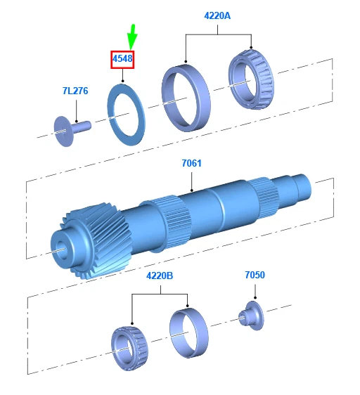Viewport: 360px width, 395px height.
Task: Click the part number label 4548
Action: click(x=122, y=59)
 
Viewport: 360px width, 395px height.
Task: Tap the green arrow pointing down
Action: click(x=132, y=37)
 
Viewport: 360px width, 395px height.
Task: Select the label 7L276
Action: click(x=75, y=91)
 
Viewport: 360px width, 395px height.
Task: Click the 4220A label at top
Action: click(x=217, y=15)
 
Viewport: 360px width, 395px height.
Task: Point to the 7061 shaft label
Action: click(x=191, y=163)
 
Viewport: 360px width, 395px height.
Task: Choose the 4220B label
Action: click(x=160, y=276)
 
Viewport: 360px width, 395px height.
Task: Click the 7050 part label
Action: click(x=255, y=275)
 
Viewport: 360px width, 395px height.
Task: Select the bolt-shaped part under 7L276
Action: click(x=72, y=129)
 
